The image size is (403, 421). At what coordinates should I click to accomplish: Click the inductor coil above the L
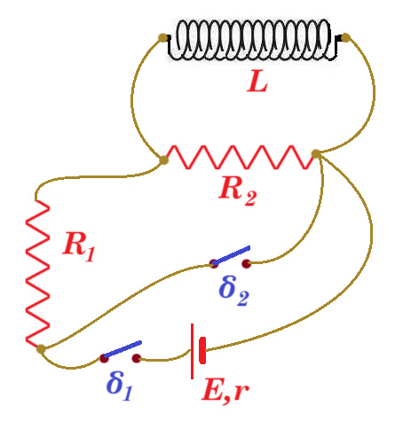click(x=252, y=40)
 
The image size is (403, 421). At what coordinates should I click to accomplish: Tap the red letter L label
click(x=257, y=82)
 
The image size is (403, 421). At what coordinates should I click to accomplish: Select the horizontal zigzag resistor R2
click(x=240, y=157)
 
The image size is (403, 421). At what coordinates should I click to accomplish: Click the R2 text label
click(x=237, y=191)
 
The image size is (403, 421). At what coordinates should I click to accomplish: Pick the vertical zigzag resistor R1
click(x=37, y=273)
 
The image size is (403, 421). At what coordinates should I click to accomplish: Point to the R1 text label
click(x=79, y=246)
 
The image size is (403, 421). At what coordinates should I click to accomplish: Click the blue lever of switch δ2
click(x=231, y=255)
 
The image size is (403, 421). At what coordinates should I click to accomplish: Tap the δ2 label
click(x=233, y=291)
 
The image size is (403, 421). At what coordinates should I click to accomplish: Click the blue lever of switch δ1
click(x=122, y=349)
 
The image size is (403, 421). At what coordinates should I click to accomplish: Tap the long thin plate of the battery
click(x=192, y=351)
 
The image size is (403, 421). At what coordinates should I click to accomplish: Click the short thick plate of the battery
click(x=202, y=351)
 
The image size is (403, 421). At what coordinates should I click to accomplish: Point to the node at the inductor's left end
click(x=163, y=37)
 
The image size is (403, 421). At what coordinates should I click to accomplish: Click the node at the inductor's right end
click(x=345, y=37)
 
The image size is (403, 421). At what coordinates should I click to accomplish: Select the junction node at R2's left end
click(x=163, y=160)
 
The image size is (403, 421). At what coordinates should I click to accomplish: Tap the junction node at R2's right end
click(x=316, y=154)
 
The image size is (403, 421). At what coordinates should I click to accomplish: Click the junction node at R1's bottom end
click(x=41, y=349)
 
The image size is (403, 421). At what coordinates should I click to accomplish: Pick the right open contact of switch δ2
click(x=246, y=263)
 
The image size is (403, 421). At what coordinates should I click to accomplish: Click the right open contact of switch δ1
click(x=137, y=359)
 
